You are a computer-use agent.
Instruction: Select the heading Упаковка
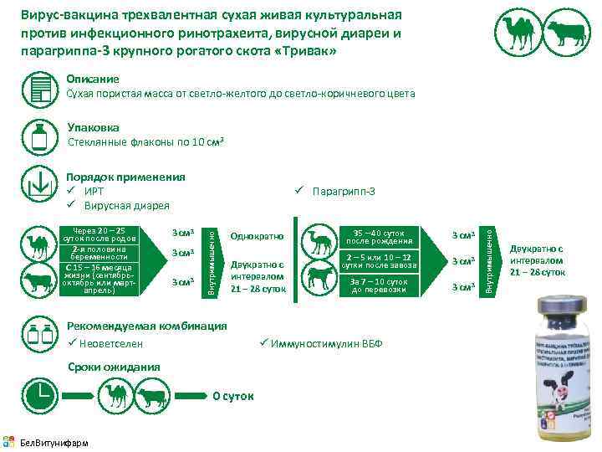[93, 128]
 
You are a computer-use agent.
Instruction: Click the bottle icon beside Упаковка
[38, 136]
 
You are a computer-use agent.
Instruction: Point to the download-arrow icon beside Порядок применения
[38, 183]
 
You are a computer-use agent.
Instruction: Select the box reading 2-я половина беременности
[99, 253]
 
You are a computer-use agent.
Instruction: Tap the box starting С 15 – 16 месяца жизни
[99, 280]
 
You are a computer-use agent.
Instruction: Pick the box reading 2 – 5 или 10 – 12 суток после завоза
[379, 260]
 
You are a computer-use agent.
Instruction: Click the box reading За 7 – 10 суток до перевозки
[379, 285]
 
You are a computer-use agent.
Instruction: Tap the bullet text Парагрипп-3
[343, 192]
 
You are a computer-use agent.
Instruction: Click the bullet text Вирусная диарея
[125, 206]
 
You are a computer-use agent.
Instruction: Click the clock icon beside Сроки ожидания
[38, 393]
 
